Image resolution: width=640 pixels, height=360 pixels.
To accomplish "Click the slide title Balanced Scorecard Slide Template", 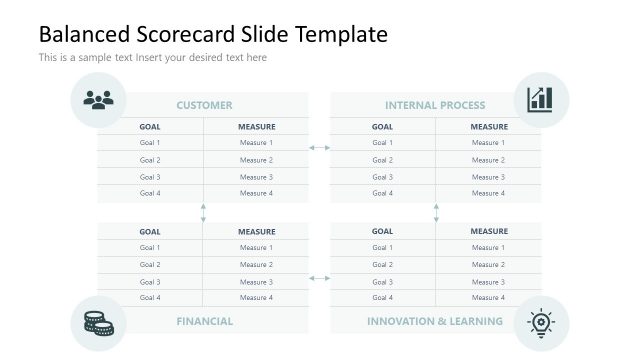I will [213, 34].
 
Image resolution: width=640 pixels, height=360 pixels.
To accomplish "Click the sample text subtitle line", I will [153, 58].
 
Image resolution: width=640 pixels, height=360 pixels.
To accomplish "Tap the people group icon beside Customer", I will [98, 100].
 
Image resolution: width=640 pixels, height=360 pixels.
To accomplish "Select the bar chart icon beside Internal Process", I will [541, 100].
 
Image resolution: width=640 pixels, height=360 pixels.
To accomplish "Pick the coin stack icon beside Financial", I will [98, 323].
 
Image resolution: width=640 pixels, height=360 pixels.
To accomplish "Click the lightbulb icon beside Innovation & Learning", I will [541, 323].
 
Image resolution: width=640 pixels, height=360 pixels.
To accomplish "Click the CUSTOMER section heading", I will [204, 105].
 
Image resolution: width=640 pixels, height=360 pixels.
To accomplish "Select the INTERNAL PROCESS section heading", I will [435, 105].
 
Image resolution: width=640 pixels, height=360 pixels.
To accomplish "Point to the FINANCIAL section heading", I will [204, 321].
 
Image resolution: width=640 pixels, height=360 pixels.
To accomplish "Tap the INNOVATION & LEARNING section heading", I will [435, 321].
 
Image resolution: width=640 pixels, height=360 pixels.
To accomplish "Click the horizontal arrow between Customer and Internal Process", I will [320, 148].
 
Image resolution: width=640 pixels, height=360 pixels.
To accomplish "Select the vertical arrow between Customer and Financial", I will [203, 213].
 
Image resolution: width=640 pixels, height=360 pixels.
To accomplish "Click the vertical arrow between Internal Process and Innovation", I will [436, 213].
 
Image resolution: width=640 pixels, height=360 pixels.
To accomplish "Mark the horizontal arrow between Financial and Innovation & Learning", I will [320, 278].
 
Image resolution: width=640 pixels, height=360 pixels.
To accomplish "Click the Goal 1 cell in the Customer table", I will [150, 143].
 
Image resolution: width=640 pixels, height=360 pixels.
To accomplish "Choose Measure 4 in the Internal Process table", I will [489, 193].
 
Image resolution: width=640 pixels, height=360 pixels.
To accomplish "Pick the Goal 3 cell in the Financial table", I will [150, 282].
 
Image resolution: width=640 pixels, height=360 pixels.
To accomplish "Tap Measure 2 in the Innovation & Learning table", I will [489, 265].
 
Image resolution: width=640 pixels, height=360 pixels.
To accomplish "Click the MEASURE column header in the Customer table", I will [256, 127].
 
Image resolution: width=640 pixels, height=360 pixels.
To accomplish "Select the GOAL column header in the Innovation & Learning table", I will [383, 231].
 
